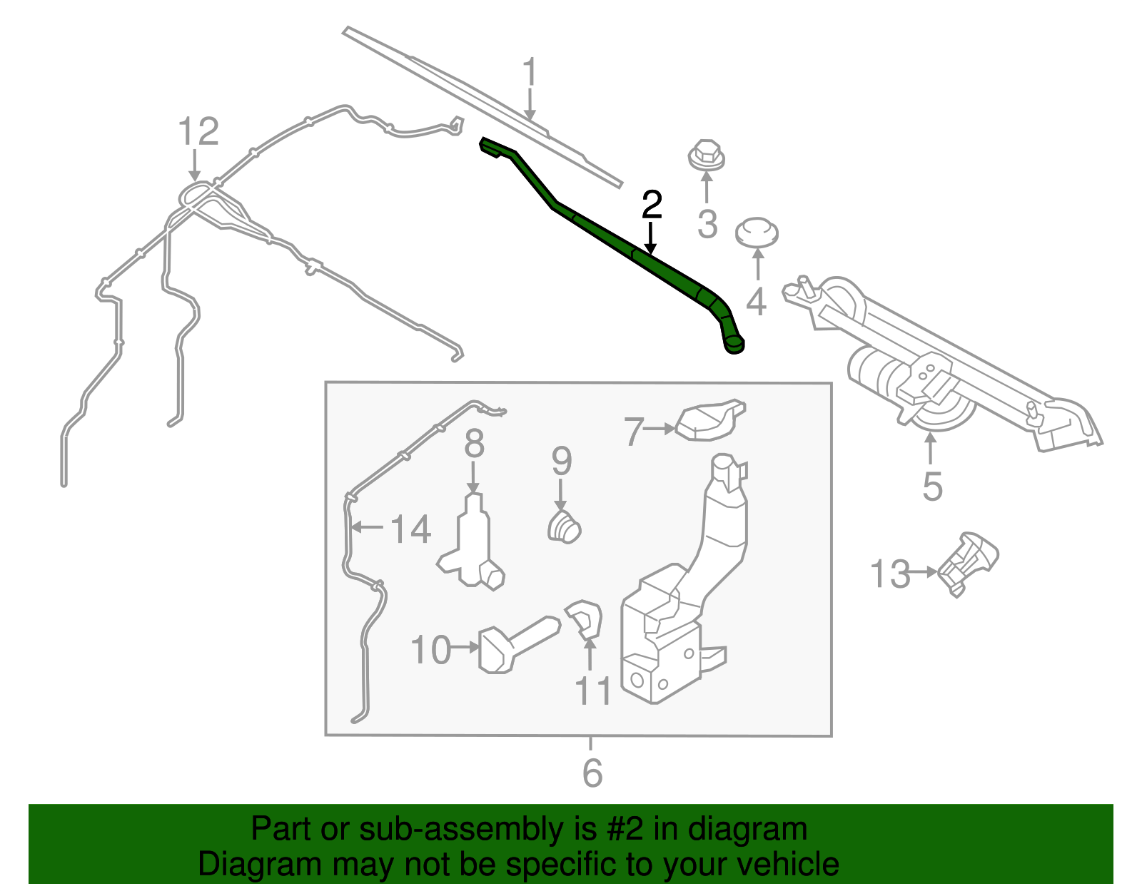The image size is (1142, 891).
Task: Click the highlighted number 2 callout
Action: coord(652,205)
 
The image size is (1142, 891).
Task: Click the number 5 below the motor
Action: coord(932,487)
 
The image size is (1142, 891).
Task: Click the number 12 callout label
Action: coord(198,132)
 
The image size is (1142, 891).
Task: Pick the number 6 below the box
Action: coord(592,773)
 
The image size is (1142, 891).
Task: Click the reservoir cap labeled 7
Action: coord(710,420)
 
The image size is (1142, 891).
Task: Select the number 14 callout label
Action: coord(410,529)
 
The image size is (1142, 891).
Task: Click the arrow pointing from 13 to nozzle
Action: coord(924,572)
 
